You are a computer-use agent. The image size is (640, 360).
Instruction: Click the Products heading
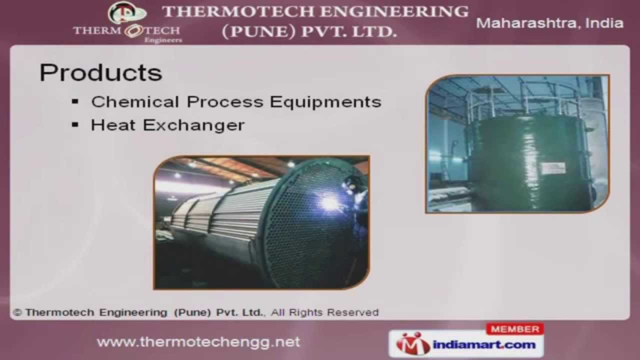point(100,73)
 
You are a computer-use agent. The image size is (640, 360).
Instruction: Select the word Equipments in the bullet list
point(325,102)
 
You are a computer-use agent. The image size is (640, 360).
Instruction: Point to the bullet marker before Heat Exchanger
point(75,124)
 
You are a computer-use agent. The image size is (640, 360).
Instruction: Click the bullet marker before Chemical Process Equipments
point(75,101)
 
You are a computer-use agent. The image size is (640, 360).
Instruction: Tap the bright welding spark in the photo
point(330,202)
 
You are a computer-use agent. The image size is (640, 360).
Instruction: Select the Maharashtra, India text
point(549,23)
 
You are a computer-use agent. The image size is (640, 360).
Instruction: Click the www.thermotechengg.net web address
point(198,342)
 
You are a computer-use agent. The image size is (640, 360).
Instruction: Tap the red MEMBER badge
point(514,329)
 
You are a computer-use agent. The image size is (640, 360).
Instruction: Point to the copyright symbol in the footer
point(18,312)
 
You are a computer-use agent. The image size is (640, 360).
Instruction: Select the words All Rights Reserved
point(325,312)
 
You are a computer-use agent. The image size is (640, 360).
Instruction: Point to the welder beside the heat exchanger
point(359,200)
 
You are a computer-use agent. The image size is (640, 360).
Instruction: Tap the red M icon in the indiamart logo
point(412,344)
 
